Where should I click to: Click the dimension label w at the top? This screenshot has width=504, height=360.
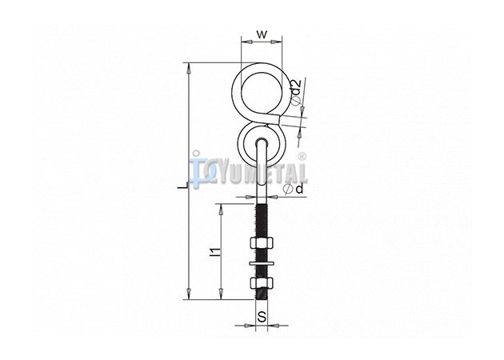click(262, 34)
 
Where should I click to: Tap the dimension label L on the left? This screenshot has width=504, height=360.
click(183, 186)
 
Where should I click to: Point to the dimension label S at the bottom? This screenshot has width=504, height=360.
click(262, 317)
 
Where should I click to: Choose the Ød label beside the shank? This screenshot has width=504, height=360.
click(294, 189)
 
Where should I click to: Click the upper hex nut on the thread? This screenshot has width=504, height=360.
click(262, 242)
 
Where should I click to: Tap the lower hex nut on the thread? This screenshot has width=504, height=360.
click(262, 282)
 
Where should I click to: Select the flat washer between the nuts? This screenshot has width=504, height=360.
click(262, 264)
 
